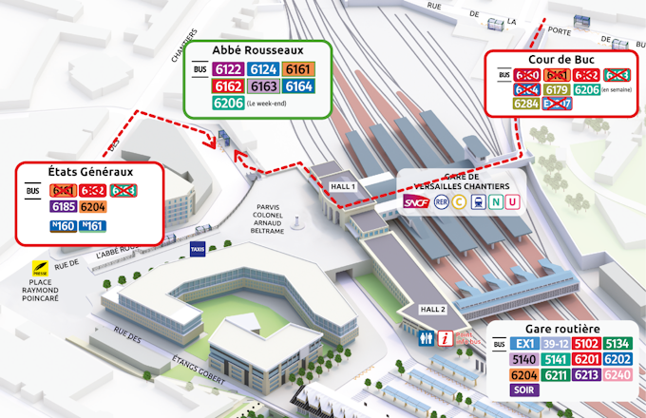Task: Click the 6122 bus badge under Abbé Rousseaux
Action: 229,69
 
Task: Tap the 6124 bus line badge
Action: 263,69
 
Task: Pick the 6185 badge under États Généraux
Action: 63,206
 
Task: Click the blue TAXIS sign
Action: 198,250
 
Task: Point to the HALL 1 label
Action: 342,186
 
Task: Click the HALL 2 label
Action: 432,309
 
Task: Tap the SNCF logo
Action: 415,201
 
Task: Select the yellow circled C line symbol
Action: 457,201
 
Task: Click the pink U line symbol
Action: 512,201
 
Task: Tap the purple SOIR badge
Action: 525,389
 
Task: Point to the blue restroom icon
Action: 425,339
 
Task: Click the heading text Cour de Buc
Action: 560,58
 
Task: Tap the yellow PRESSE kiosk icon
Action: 41,268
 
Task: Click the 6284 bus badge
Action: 527,104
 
